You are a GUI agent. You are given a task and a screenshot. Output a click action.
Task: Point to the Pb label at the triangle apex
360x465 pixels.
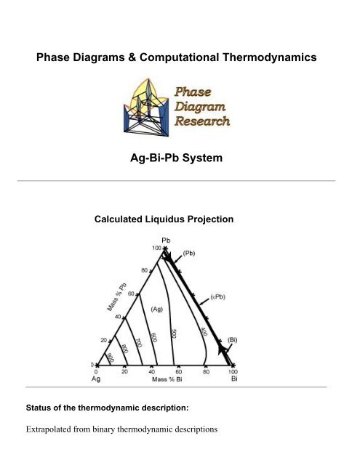pyautogui.click(x=165, y=240)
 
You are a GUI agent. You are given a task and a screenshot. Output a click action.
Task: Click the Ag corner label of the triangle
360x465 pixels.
pyautogui.click(x=95, y=379)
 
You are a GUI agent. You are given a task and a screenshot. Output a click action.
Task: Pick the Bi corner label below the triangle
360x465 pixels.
pyautogui.click(x=235, y=379)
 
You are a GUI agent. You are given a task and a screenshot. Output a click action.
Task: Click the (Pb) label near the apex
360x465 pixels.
pyautogui.click(x=189, y=254)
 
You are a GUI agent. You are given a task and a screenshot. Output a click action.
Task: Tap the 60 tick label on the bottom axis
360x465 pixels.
pyautogui.click(x=179, y=371)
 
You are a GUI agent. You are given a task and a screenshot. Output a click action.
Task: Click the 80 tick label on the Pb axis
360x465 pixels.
pyautogui.click(x=145, y=270)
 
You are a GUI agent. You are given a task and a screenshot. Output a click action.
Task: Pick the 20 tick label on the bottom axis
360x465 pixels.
pyautogui.click(x=125, y=371)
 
